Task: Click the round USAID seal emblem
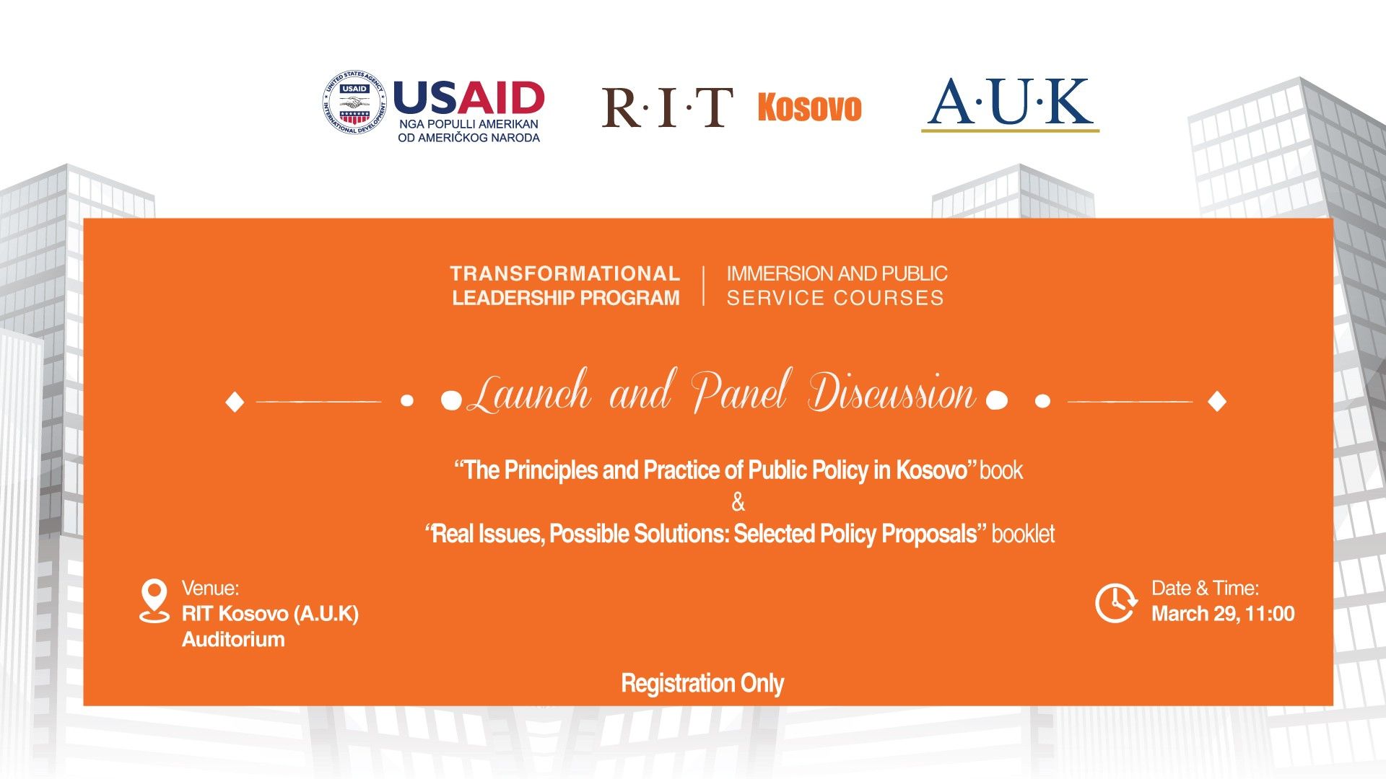pyautogui.click(x=354, y=103)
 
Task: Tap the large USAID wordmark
pyautogui.click(x=468, y=98)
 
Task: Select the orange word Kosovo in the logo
pyautogui.click(x=809, y=107)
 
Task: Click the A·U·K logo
pyautogui.click(x=1010, y=104)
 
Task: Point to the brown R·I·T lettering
pyautogui.click(x=668, y=107)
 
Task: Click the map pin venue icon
pyautogui.click(x=154, y=600)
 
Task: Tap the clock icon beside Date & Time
pyautogui.click(x=1115, y=602)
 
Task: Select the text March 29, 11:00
pyautogui.click(x=1223, y=614)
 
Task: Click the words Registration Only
pyautogui.click(x=702, y=683)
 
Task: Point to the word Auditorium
pyautogui.click(x=233, y=640)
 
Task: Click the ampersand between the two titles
pyautogui.click(x=738, y=501)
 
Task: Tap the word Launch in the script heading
pyautogui.click(x=529, y=392)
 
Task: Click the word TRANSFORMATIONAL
pyautogui.click(x=565, y=274)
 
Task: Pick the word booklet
pyautogui.click(x=1023, y=534)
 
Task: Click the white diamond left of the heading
pyautogui.click(x=235, y=402)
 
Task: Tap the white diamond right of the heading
pyautogui.click(x=1217, y=401)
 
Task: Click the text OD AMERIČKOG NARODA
pyautogui.click(x=468, y=138)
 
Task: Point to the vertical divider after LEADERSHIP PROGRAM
pyautogui.click(x=704, y=286)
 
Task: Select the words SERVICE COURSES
pyautogui.click(x=835, y=298)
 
